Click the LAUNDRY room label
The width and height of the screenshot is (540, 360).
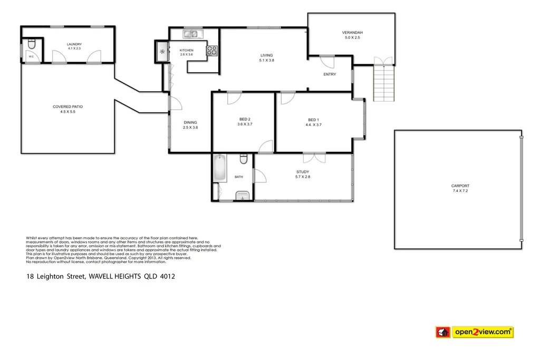[x=74, y=44]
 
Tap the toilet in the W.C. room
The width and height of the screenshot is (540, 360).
[x=31, y=43]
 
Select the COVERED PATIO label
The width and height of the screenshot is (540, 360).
[x=67, y=106]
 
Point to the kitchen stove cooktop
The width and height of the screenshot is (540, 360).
[x=212, y=51]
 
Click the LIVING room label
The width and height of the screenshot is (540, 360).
[x=267, y=55]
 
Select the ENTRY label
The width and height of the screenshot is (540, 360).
[x=330, y=74]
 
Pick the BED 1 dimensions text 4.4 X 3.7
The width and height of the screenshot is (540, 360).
[x=314, y=125]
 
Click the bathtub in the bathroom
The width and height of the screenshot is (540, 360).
[x=220, y=168]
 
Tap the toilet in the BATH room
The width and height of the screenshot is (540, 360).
[x=243, y=159]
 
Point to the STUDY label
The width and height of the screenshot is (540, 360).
[x=303, y=172]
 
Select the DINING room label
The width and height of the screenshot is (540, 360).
[x=190, y=122]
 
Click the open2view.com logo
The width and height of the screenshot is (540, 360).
[x=474, y=332]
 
